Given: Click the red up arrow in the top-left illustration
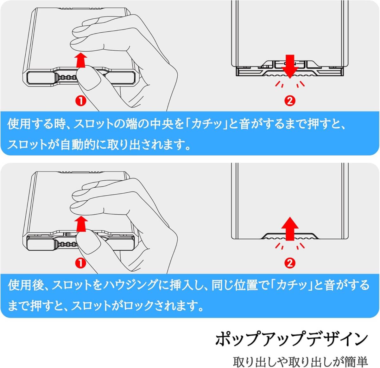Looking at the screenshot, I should tap(82, 60).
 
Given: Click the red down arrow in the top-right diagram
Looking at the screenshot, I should tap(289, 66).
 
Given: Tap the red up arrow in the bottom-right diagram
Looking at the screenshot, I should tap(290, 229).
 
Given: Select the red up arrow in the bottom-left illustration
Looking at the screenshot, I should tap(82, 223).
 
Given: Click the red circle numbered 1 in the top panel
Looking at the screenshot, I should tap(81, 101).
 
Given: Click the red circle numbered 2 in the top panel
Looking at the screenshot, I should tap(290, 101).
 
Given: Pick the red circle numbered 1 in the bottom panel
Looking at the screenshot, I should tap(81, 263).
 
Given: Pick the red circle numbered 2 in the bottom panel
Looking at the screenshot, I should tap(290, 263).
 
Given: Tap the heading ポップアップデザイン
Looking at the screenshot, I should tap(291, 339).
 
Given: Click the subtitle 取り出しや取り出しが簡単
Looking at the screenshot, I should tap(300, 361).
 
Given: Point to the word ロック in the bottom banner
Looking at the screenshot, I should tap(138, 306).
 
